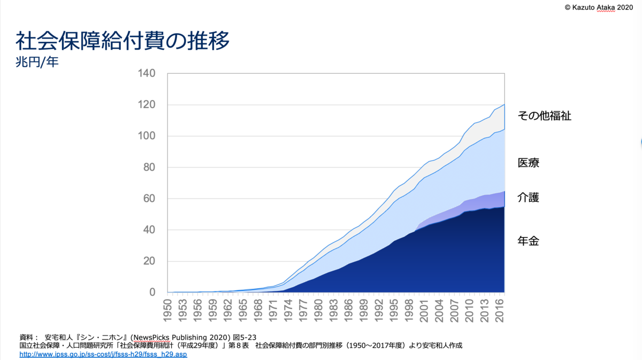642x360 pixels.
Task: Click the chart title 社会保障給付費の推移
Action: [x=123, y=41]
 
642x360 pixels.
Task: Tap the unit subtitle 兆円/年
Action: [x=37, y=62]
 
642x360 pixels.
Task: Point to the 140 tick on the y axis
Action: [x=147, y=73]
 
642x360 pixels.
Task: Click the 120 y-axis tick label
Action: [x=147, y=105]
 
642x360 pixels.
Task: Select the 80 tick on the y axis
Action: [x=149, y=167]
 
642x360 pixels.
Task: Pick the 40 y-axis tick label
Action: [x=149, y=230]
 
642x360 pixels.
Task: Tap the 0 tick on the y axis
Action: [x=152, y=293]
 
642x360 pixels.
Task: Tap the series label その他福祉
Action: [x=545, y=116]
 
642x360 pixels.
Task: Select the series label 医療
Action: [x=528, y=163]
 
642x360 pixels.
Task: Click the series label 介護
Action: [x=528, y=197]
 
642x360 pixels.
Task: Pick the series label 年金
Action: [x=528, y=241]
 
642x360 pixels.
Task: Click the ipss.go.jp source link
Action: [x=103, y=354]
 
